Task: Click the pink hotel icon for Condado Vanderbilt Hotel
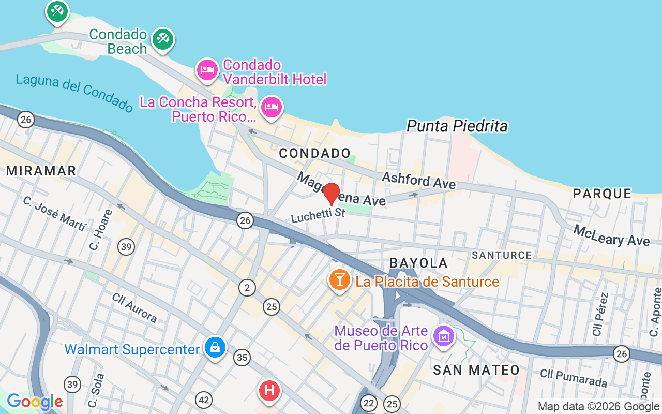[x=207, y=70]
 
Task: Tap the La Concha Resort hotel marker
[x=271, y=107]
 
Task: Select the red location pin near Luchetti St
[x=332, y=194]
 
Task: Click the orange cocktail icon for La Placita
[x=339, y=280]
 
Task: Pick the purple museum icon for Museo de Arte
[x=443, y=336]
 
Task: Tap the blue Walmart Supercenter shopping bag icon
[x=215, y=347]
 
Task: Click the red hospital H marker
[x=269, y=390]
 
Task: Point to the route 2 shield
[x=247, y=287]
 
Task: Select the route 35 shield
[x=242, y=357]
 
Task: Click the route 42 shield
[x=204, y=400]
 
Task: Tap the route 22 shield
[x=369, y=403]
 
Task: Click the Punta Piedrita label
[x=457, y=126]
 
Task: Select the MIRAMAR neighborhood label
[x=41, y=171]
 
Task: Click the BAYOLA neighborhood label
[x=419, y=263]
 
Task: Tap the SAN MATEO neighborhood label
[x=476, y=370]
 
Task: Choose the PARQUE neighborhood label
[x=603, y=194]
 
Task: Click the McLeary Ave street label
[x=611, y=235]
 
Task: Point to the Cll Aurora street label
[x=134, y=307]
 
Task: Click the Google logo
[x=35, y=402]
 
